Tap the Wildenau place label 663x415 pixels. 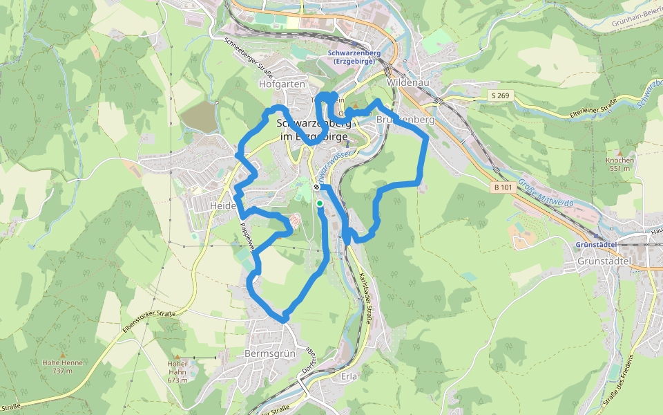[405, 82]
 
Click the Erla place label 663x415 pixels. [350, 377]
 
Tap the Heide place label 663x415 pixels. [223, 206]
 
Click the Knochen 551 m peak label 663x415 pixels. [619, 164]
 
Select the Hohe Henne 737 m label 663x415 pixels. [62, 367]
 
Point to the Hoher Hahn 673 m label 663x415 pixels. [177, 371]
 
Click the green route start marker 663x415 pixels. [320, 203]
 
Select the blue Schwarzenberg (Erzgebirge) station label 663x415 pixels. [352, 57]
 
